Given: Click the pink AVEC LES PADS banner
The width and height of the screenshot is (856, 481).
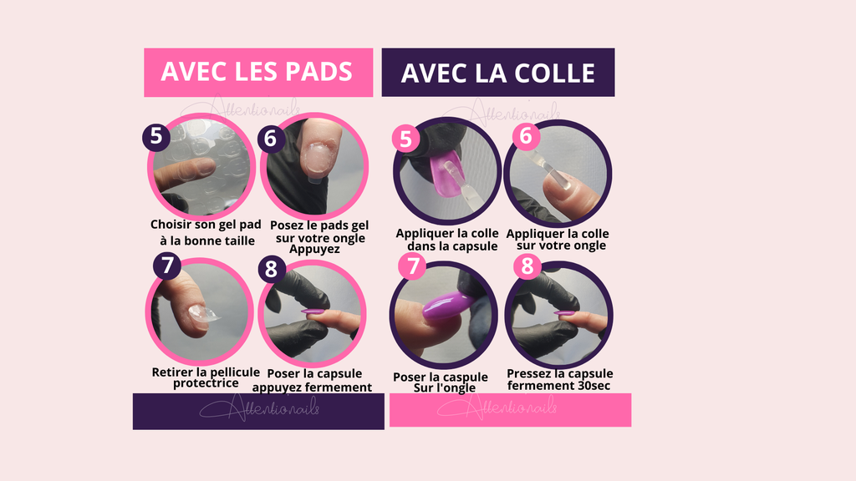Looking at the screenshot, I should pyautogui.click(x=257, y=72).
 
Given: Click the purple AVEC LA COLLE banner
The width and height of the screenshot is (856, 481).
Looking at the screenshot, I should pyautogui.click(x=497, y=73).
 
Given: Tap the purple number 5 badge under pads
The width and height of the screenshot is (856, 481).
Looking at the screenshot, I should pyautogui.click(x=155, y=135).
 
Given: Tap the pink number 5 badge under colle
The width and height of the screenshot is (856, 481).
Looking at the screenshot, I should pyautogui.click(x=406, y=139).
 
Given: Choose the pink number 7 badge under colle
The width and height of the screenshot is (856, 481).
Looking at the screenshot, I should pyautogui.click(x=411, y=266).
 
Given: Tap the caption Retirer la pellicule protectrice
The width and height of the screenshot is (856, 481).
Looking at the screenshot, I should pyautogui.click(x=206, y=377).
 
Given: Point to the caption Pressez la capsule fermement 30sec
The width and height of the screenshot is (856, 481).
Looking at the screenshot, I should pyautogui.click(x=559, y=379).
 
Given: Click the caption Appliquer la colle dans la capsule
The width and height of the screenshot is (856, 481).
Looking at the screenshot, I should pyautogui.click(x=446, y=240).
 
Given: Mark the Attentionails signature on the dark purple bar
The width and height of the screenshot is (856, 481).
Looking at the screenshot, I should pyautogui.click(x=258, y=409).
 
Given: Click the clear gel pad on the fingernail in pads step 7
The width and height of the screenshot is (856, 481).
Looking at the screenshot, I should pyautogui.click(x=200, y=313).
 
